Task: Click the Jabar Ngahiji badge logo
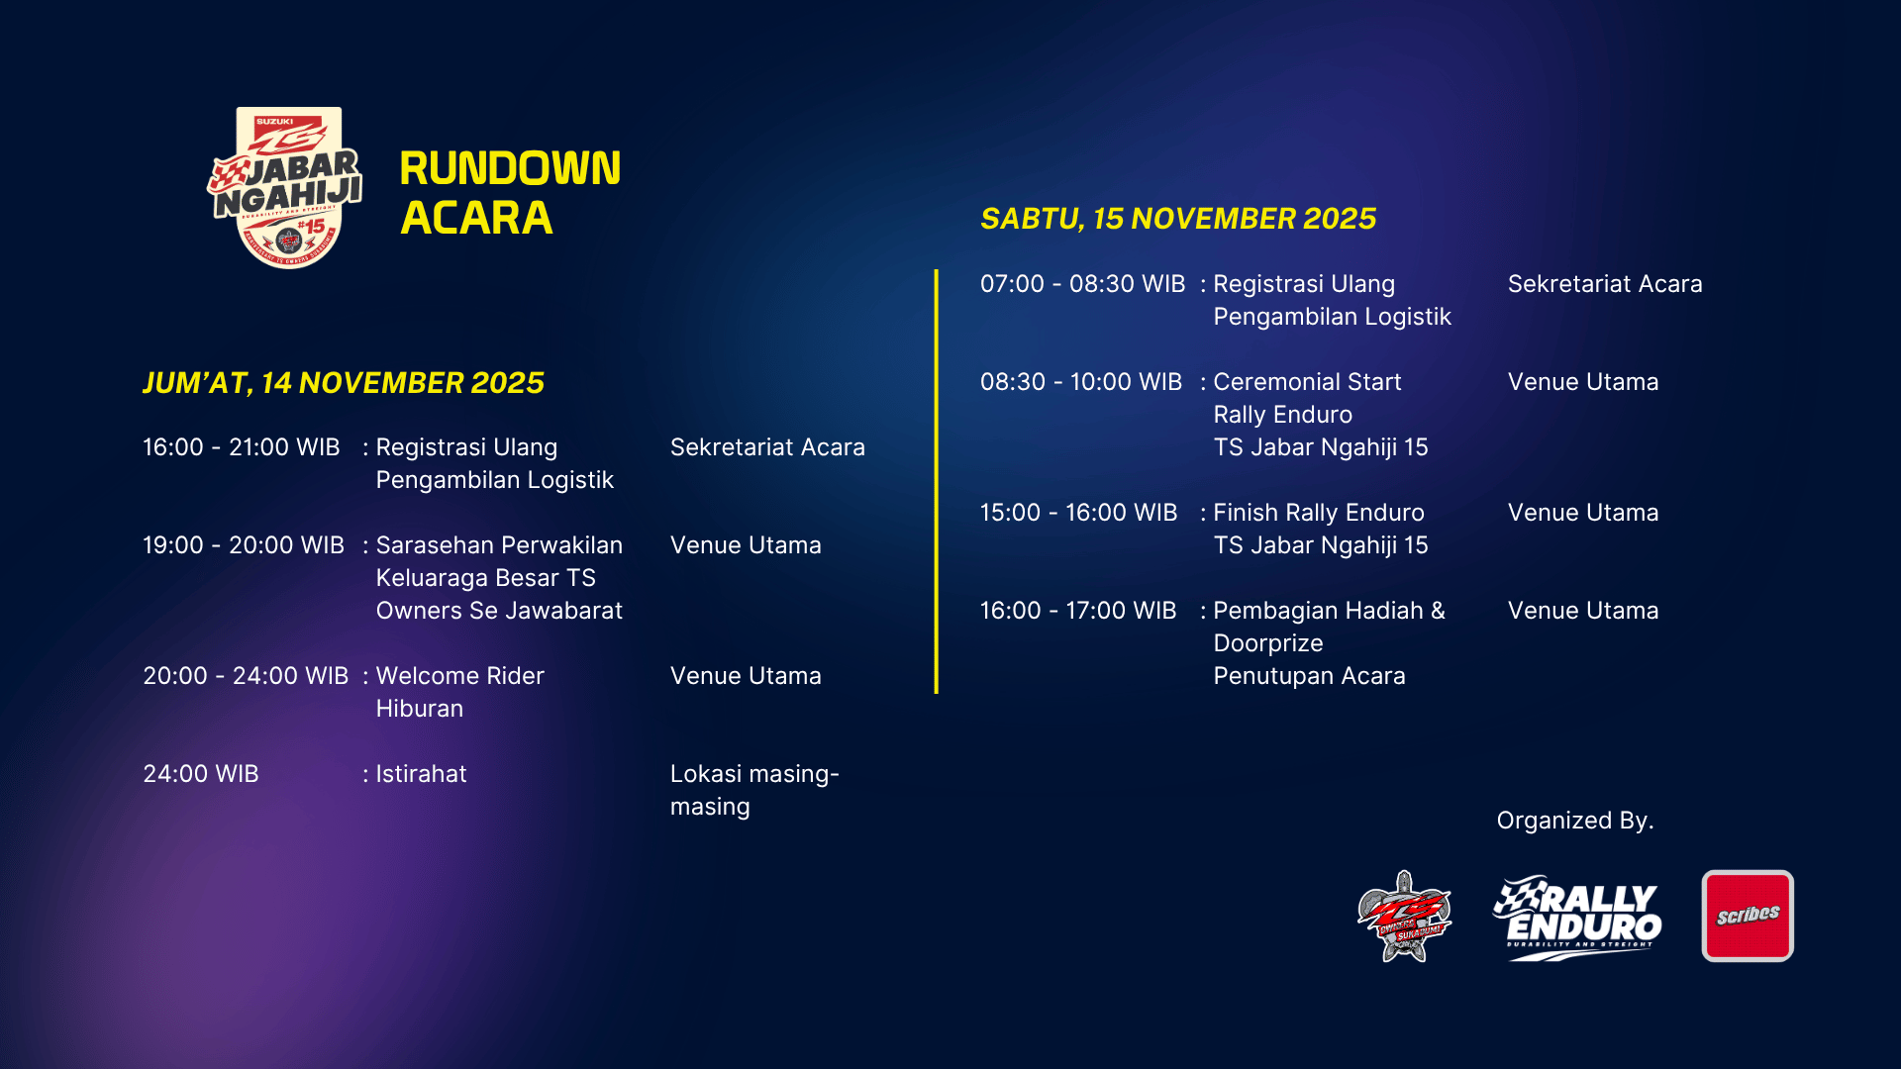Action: [x=285, y=187]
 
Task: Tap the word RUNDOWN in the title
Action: [x=510, y=168]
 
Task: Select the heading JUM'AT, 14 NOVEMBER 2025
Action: [x=344, y=383]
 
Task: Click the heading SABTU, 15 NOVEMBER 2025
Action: [x=1178, y=219]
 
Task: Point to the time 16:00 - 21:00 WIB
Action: [x=242, y=447]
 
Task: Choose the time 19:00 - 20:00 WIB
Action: [x=244, y=545]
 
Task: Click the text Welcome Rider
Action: [x=460, y=676]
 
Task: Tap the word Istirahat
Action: [x=421, y=774]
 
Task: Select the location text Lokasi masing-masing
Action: [x=754, y=790]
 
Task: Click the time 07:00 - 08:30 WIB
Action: [x=1082, y=284]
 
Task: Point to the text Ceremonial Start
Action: [x=1307, y=382]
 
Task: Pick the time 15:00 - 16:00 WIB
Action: [x=1078, y=513]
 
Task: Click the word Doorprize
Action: [x=1268, y=643]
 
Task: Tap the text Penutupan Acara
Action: [x=1309, y=676]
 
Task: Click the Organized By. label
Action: [x=1575, y=821]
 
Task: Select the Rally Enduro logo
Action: [x=1577, y=918]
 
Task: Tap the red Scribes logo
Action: [x=1748, y=916]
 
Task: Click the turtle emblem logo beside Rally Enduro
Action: [x=1404, y=918]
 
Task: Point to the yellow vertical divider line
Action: [x=936, y=481]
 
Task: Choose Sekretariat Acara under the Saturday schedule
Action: [x=1605, y=284]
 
